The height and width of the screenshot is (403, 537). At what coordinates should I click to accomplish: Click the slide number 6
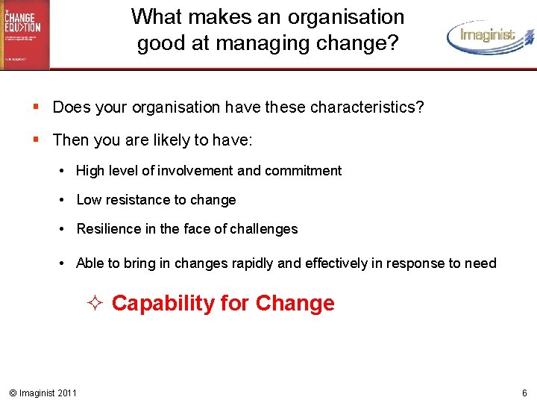524,393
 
